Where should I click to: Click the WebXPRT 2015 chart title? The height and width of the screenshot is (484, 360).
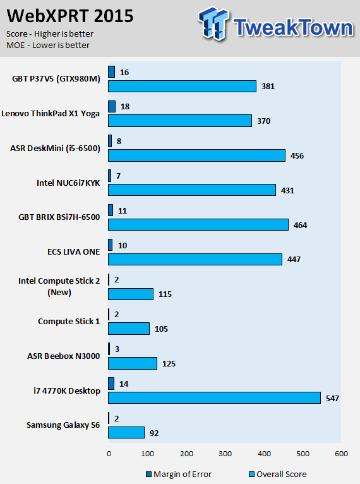pyautogui.click(x=70, y=16)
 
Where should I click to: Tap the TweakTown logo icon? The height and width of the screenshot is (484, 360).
pyautogui.click(x=213, y=23)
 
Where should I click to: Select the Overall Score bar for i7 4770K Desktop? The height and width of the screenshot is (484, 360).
pyautogui.click(x=214, y=398)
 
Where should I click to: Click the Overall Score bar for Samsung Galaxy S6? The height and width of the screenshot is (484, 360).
pyautogui.click(x=126, y=432)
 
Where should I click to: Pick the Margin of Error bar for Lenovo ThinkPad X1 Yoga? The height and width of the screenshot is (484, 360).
pyautogui.click(x=112, y=107)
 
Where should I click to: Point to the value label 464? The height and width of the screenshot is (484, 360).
pyautogui.click(x=300, y=226)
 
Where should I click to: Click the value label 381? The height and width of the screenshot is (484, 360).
pyautogui.click(x=268, y=87)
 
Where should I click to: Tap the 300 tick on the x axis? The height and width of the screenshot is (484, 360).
pyautogui.click(x=225, y=454)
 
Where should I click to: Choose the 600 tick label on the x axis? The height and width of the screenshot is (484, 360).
pyautogui.click(x=341, y=454)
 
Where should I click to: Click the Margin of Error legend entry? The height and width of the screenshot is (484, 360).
pyautogui.click(x=179, y=474)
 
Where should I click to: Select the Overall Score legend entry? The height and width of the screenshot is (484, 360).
pyautogui.click(x=278, y=474)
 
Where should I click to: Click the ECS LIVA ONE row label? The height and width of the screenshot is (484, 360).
pyautogui.click(x=73, y=252)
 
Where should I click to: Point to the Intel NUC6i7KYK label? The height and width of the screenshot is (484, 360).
pyautogui.click(x=68, y=183)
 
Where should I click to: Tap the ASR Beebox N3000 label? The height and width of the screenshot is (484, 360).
pyautogui.click(x=64, y=356)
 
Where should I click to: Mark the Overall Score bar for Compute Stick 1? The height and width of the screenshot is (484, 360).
pyautogui.click(x=129, y=329)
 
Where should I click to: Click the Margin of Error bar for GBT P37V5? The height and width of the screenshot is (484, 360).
pyautogui.click(x=111, y=72)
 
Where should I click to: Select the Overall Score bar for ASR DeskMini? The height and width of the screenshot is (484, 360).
pyautogui.click(x=197, y=155)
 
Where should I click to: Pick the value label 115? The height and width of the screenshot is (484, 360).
pyautogui.click(x=165, y=294)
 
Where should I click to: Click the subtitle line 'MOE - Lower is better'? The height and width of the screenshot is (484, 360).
pyautogui.click(x=48, y=45)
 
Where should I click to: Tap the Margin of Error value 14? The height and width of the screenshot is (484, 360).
pyautogui.click(x=124, y=384)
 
